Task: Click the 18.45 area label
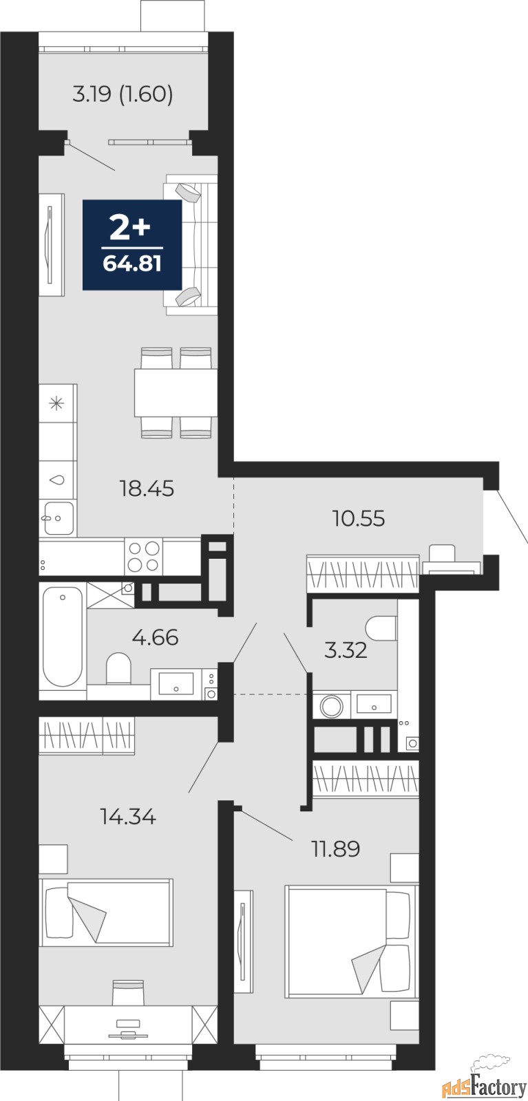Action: (147, 489)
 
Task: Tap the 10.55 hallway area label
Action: (359, 518)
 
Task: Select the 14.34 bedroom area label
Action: (128, 816)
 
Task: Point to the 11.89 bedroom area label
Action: (336, 848)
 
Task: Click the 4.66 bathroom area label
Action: (155, 637)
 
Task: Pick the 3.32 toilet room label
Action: (346, 650)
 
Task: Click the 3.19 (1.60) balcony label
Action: (123, 94)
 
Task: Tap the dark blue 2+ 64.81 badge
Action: (131, 245)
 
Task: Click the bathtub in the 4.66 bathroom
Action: (63, 637)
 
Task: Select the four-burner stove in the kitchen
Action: (144, 557)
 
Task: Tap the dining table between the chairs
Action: (176, 392)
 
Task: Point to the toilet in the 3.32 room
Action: (381, 628)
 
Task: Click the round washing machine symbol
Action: (331, 706)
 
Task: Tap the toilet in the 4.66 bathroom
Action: (118, 668)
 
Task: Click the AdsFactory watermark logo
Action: (484, 1082)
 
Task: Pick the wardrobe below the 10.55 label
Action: (363, 573)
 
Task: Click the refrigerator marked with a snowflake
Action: (58, 403)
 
